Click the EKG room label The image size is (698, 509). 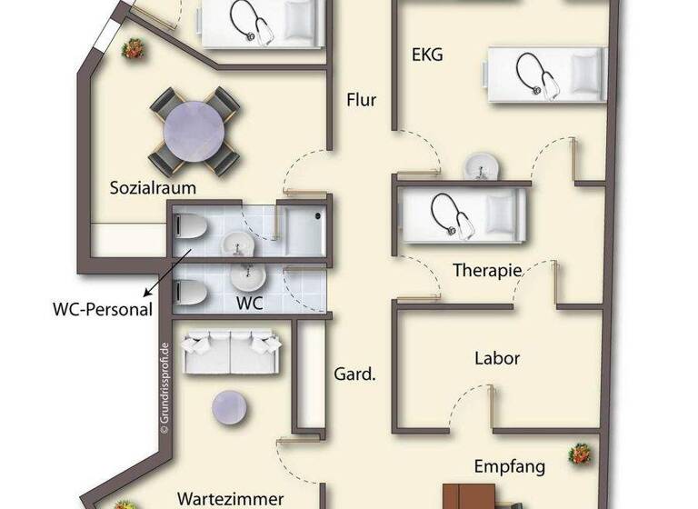(427, 55)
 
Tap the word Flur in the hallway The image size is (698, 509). (362, 100)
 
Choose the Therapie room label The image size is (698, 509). (487, 270)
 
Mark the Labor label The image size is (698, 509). (497, 358)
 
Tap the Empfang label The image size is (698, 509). (509, 467)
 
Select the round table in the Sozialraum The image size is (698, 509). (194, 132)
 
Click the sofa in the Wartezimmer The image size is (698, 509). (231, 352)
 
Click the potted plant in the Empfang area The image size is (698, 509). (578, 454)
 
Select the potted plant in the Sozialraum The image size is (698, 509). (134, 47)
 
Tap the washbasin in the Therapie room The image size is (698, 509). (478, 167)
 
